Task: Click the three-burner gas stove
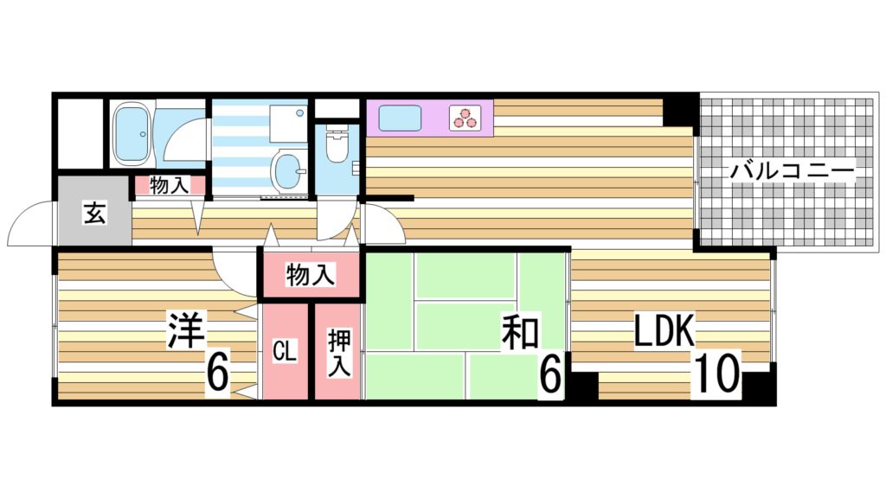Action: click(465, 118)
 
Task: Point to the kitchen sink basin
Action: click(399, 117)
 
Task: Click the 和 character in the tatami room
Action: click(521, 333)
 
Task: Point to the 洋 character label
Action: click(184, 331)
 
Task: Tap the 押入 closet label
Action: click(337, 353)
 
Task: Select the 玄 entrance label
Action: click(93, 213)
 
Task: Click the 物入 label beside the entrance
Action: click(169, 184)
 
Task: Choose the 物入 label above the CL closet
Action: click(310, 276)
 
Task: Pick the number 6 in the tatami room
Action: click(551, 373)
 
